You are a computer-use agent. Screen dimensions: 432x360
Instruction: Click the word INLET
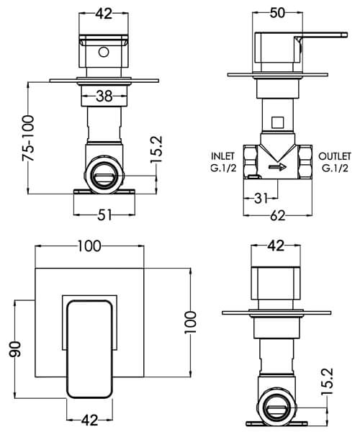pos(222,156)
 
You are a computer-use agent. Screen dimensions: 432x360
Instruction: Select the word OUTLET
pos(334,156)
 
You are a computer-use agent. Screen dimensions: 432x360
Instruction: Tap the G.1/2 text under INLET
pos(222,168)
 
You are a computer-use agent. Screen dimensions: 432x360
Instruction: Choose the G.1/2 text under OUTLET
pos(334,168)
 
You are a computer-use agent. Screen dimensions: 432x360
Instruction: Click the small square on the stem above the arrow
pos(278,122)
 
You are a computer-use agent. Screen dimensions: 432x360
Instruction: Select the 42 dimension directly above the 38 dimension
pos(104,12)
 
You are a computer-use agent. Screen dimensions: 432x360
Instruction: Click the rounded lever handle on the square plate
pos(89,348)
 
